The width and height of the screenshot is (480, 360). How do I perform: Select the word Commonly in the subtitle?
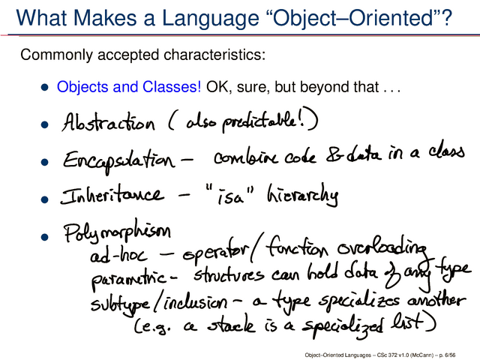tap(56, 55)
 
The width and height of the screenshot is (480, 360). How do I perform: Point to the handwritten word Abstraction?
tap(108, 121)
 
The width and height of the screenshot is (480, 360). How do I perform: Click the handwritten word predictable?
tap(259, 122)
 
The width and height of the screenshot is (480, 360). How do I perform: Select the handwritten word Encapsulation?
tap(119, 160)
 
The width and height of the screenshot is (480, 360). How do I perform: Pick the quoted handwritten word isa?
tap(230, 196)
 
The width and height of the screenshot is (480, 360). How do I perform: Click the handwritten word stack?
tap(231, 325)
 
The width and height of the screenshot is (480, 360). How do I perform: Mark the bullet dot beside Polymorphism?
tap(45, 237)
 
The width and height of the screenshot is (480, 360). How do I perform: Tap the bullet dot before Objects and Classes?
tap(45, 87)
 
